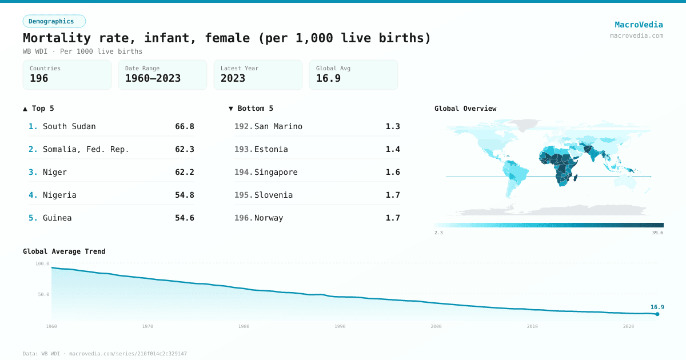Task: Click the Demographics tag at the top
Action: [x=54, y=21]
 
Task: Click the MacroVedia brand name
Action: [x=639, y=25]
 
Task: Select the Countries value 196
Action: [x=39, y=78]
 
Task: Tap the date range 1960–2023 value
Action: [x=153, y=78]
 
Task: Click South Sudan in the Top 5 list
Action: [x=69, y=126]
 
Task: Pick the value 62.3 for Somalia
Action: [x=185, y=149]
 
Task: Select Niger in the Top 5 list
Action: [x=55, y=172]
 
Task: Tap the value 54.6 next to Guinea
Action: [x=185, y=218]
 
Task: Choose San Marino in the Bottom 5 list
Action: [x=278, y=126]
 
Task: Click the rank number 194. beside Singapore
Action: [x=244, y=172]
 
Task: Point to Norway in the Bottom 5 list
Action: [x=269, y=218]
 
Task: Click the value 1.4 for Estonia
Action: [x=393, y=149]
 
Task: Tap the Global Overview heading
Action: [x=465, y=109]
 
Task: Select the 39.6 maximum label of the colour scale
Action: [x=657, y=233]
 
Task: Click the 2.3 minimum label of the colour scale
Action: [x=438, y=233]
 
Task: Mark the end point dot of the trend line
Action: [x=657, y=314]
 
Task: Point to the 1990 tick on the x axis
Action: [x=340, y=326]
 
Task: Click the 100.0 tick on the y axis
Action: [x=42, y=263]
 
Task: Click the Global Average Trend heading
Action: [x=64, y=251]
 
